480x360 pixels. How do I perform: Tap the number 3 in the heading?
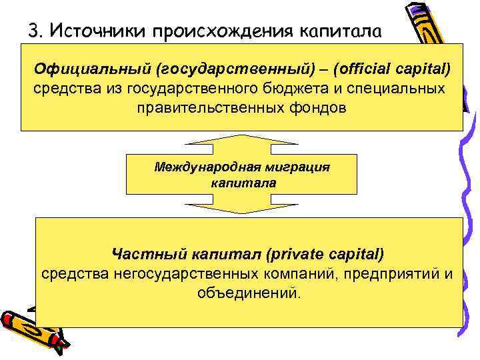coord(33,30)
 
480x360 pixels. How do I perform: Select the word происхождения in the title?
coord(221,31)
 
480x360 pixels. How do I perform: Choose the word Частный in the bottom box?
coord(143,254)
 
